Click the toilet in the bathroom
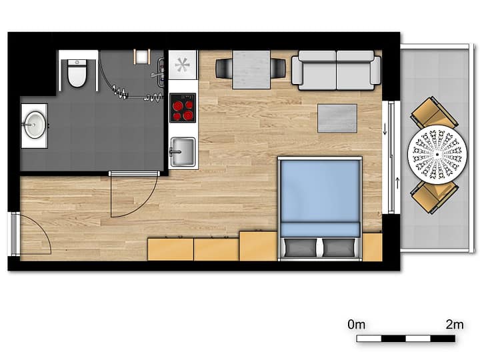77,73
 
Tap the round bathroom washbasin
35,125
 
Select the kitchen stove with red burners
183,108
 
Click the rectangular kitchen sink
183,152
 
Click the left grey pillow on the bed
301,247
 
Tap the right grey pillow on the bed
339,247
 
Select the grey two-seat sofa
336,71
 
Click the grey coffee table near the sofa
337,119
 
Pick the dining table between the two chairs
251,70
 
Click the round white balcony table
437,154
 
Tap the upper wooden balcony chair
434,113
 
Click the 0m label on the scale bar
357,325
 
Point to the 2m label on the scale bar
455,325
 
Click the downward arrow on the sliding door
385,129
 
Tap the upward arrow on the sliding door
397,183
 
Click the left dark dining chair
224,68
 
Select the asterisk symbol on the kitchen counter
183,65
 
